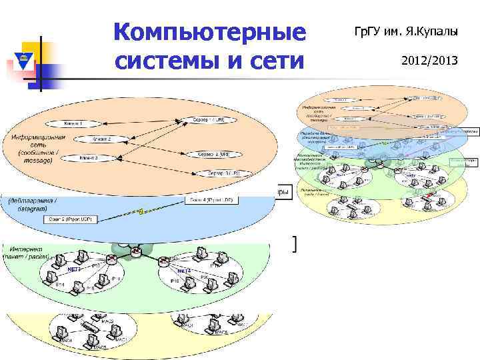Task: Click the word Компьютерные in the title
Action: click(x=210, y=33)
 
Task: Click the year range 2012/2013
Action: click(x=429, y=61)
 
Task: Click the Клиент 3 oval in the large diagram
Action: click(x=89, y=159)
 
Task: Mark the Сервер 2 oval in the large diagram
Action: click(x=213, y=154)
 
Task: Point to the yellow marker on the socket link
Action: click(x=141, y=211)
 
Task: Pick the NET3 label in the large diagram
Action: click(x=185, y=271)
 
